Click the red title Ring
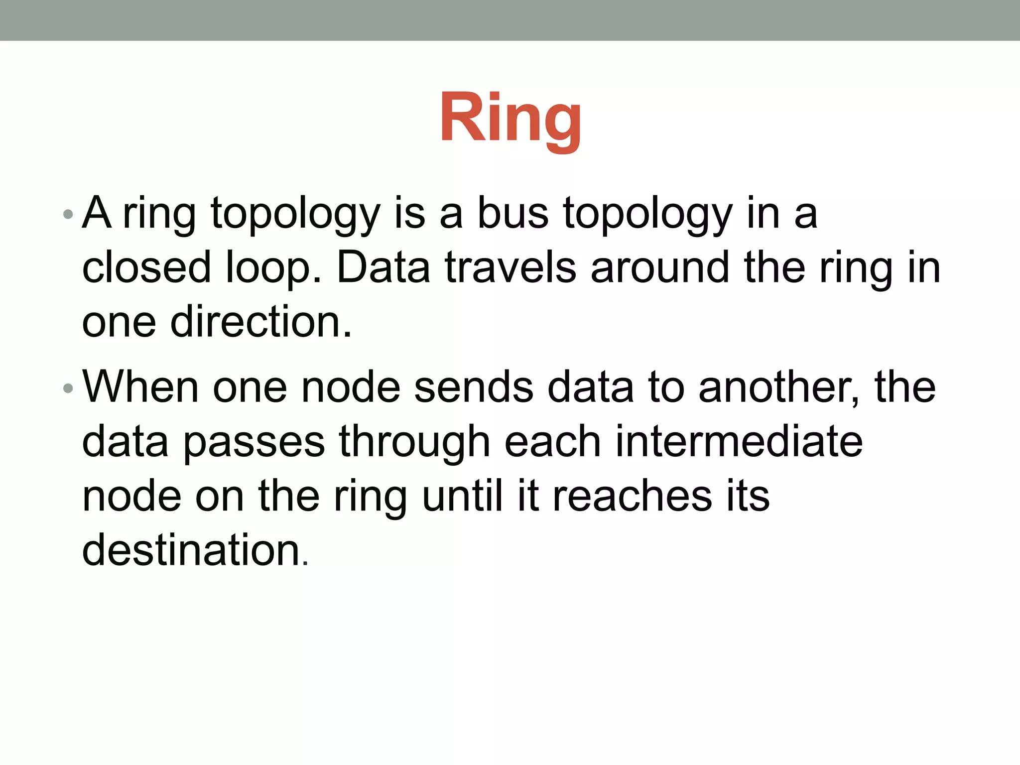coord(510,120)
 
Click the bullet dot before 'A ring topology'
coord(68,215)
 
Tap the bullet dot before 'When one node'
coord(68,388)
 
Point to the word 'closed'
coord(146,267)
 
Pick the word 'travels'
coord(510,267)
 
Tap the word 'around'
coord(660,267)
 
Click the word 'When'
coord(140,387)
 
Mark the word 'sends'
coord(473,387)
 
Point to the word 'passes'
coord(254,442)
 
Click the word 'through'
coord(414,442)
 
